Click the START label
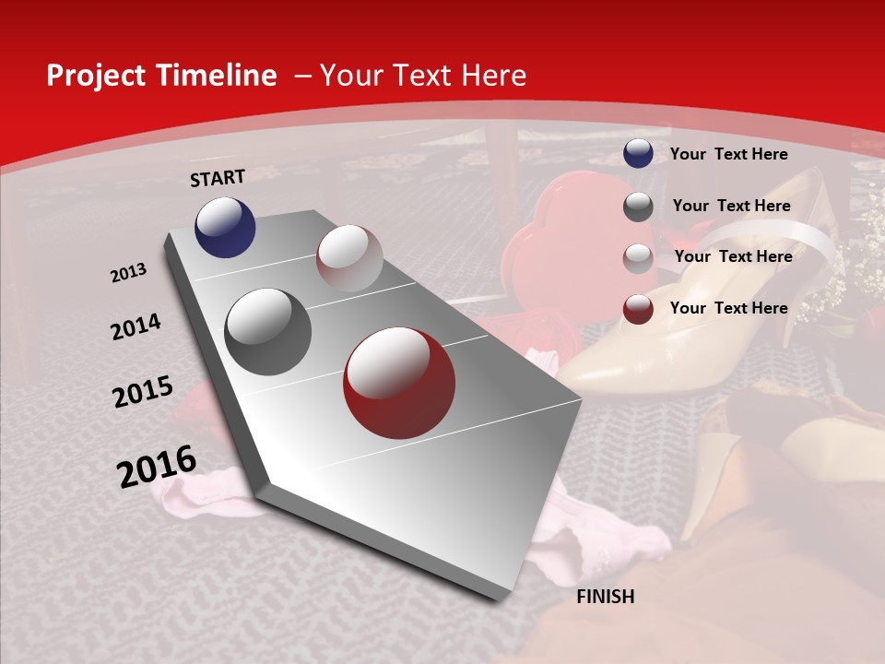pyautogui.click(x=218, y=178)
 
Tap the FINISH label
pyautogui.click(x=605, y=597)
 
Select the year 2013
pyautogui.click(x=129, y=273)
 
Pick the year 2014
pyautogui.click(x=136, y=327)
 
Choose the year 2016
pyautogui.click(x=157, y=466)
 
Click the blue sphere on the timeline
pyautogui.click(x=225, y=227)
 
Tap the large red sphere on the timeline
pyautogui.click(x=399, y=383)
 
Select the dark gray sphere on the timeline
pyautogui.click(x=268, y=332)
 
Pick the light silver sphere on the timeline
pyautogui.click(x=349, y=258)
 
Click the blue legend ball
pyautogui.click(x=638, y=154)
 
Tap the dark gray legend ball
pyautogui.click(x=638, y=207)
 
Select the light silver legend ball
pyautogui.click(x=638, y=257)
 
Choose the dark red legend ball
pyautogui.click(x=638, y=309)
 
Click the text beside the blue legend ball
pyautogui.click(x=728, y=154)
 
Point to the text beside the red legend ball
pyautogui.click(x=728, y=308)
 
